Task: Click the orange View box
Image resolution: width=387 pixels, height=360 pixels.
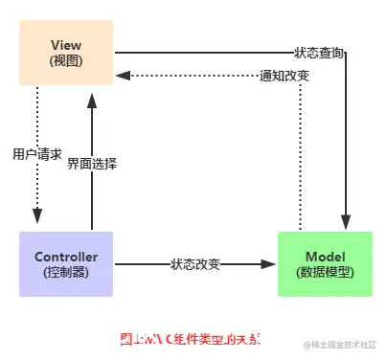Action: pos(65,53)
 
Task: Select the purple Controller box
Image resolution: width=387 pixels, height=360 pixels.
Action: pos(65,264)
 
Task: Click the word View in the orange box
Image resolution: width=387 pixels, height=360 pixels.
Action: pos(65,45)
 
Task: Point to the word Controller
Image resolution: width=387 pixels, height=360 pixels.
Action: pos(65,257)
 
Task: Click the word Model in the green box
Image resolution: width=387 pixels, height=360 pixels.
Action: pos(325,257)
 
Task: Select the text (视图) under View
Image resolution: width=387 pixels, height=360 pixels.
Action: pos(65,60)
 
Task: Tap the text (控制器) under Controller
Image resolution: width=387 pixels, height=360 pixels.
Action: pos(65,273)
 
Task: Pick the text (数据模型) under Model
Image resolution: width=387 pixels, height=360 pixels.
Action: pos(325,273)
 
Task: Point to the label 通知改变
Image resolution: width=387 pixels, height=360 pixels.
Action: pos(285,75)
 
